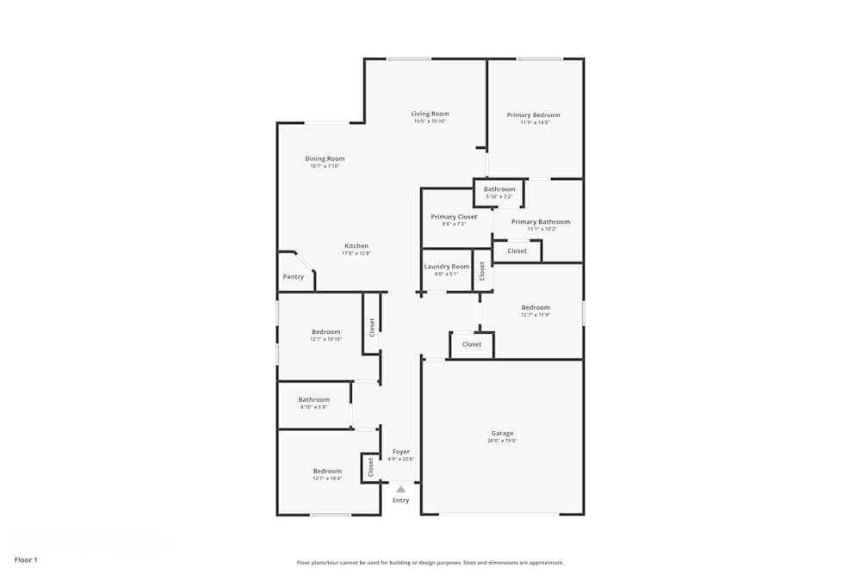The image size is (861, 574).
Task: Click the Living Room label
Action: tap(430, 114)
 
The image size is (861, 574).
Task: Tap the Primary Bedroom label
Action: tap(534, 114)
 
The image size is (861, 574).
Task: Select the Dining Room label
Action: tap(325, 158)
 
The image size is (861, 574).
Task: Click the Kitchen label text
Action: tap(356, 245)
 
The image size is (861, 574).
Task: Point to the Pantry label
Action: tap(294, 277)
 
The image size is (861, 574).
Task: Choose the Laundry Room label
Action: tap(447, 267)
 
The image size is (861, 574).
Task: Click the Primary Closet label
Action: tap(454, 217)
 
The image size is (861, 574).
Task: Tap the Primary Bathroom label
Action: tap(541, 222)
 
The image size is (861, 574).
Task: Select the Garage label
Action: tap(502, 433)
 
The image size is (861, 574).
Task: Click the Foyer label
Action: tap(401, 451)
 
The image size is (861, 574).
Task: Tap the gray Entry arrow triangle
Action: tap(400, 489)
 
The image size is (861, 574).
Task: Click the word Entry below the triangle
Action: tap(401, 500)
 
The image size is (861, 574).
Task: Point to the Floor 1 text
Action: tap(26, 559)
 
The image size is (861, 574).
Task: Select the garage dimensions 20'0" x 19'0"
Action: tap(502, 441)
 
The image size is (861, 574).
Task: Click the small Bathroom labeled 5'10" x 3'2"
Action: tap(499, 189)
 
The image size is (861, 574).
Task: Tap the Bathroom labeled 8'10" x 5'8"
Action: tap(314, 399)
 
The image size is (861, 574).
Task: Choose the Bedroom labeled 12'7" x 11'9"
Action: tap(536, 307)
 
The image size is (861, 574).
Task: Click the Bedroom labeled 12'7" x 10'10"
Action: tap(326, 331)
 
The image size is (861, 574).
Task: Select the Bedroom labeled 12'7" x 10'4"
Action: tap(327, 471)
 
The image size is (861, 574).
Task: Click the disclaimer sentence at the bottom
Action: tap(430, 563)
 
